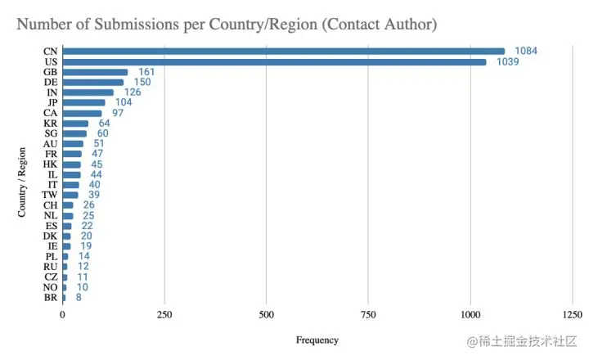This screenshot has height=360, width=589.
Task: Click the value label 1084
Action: point(526,52)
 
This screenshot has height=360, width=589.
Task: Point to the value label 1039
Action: point(508,62)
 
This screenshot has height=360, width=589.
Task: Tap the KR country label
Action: point(50,124)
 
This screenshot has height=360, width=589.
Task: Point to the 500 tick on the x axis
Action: point(266,315)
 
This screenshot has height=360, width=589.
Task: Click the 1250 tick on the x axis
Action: point(572,315)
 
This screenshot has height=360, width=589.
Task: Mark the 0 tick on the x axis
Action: point(63,315)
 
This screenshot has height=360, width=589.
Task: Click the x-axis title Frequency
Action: point(317,340)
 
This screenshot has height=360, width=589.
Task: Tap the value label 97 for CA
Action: point(118,113)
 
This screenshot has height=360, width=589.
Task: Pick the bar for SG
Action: point(74,133)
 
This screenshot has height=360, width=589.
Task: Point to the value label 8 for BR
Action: point(79,298)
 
